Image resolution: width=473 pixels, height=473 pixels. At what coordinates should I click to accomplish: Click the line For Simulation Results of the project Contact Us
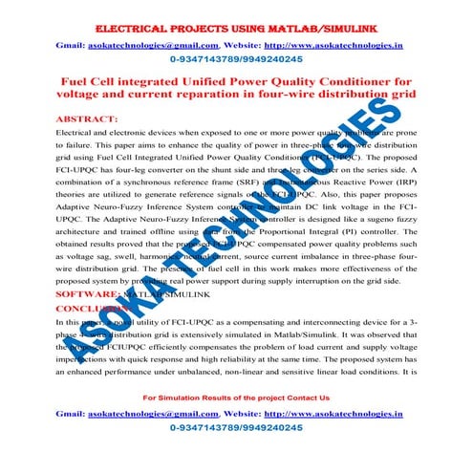click(235, 397)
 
